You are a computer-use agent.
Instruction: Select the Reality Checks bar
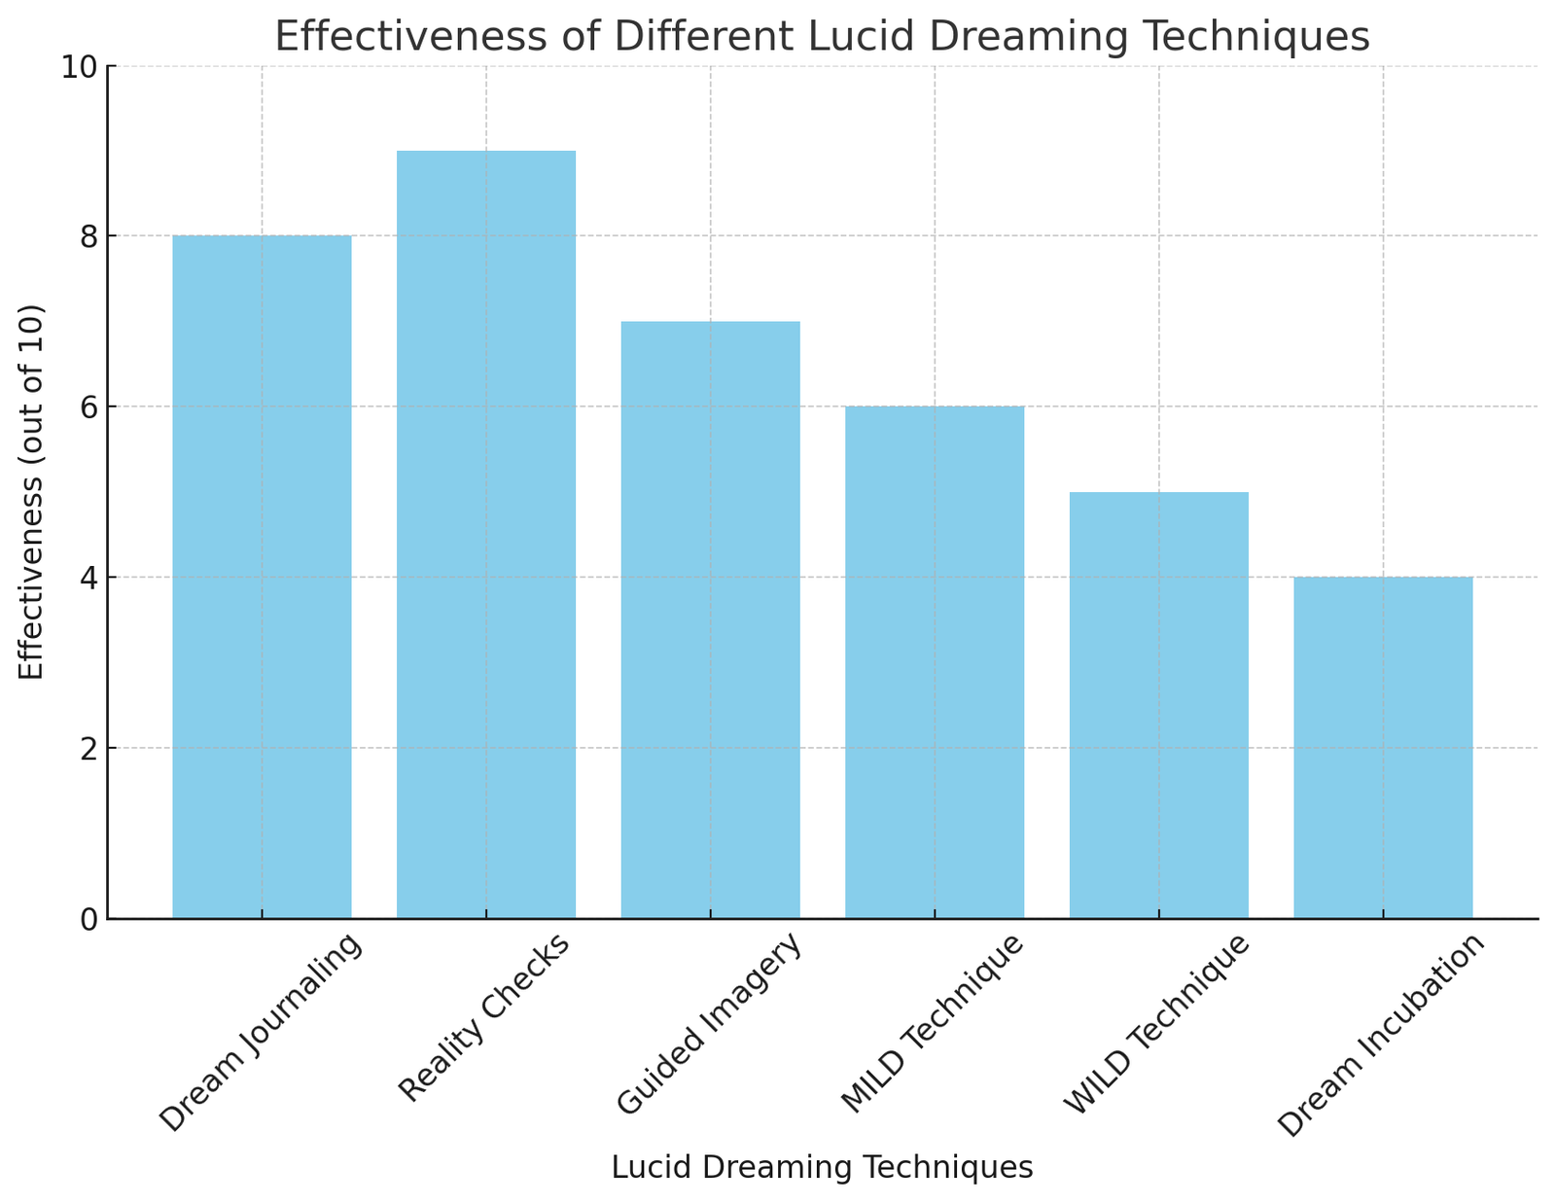(x=486, y=534)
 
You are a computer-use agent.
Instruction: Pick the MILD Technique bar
(x=935, y=662)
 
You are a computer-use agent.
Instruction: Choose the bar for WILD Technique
(x=1158, y=705)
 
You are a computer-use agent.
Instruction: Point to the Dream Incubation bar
(x=1383, y=748)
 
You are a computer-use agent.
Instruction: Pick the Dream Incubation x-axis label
(x=1382, y=1036)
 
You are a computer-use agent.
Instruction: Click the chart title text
(x=822, y=37)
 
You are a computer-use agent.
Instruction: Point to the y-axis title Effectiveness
(x=32, y=492)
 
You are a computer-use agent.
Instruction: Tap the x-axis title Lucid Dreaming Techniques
(x=822, y=1167)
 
